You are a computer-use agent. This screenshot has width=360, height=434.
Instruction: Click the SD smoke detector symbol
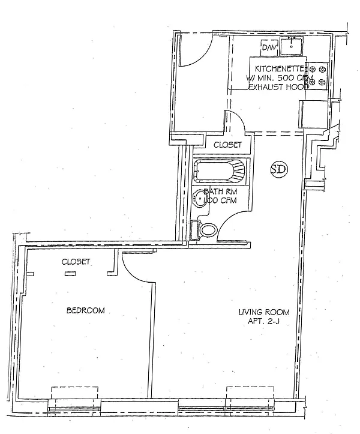(279, 169)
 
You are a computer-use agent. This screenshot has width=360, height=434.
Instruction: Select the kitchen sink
(291, 46)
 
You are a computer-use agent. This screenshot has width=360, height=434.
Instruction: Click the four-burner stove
(317, 75)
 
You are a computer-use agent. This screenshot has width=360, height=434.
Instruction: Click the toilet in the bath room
(204, 230)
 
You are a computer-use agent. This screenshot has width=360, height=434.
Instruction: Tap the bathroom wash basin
(200, 199)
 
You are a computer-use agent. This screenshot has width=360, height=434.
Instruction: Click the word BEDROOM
(86, 310)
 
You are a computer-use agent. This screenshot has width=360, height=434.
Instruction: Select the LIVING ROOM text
(264, 312)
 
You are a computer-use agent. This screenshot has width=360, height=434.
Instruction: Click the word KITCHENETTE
(280, 68)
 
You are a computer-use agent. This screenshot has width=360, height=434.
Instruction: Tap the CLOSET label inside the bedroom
(76, 262)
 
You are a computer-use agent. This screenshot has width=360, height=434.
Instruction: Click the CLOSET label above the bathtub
(227, 145)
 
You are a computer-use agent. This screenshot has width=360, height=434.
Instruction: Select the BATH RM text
(221, 191)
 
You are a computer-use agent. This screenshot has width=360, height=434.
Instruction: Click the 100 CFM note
(220, 200)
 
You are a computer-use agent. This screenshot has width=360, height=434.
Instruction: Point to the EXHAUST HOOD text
(279, 87)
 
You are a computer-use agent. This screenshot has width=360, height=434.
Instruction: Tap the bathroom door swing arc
(228, 220)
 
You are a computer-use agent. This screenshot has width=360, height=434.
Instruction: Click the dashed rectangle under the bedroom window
(74, 393)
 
